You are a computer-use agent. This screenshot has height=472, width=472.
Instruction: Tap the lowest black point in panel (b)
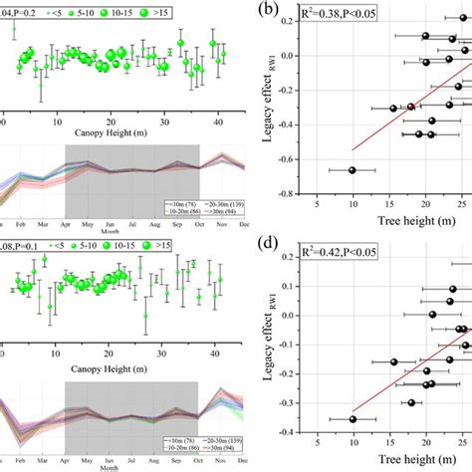point(352,170)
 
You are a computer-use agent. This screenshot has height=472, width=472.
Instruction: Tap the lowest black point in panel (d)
point(352,419)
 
